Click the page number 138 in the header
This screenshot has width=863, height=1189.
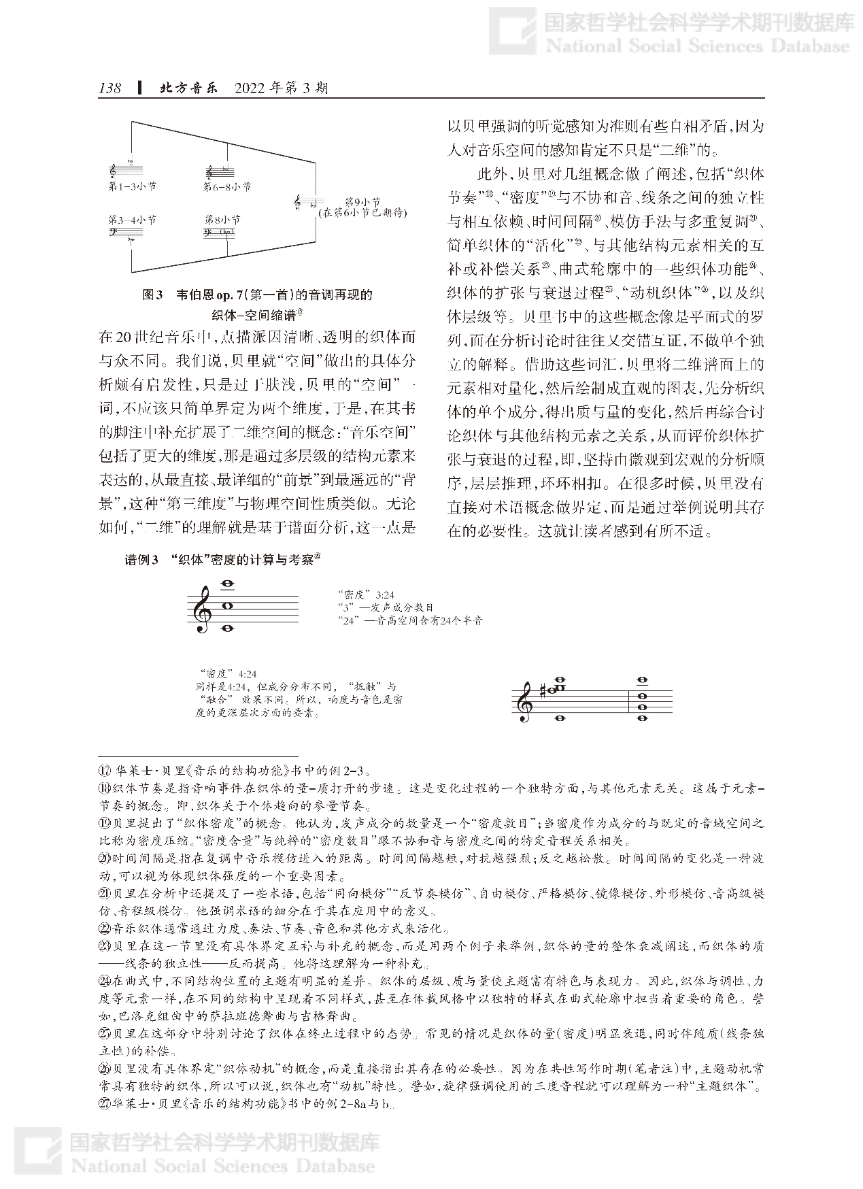click(x=109, y=88)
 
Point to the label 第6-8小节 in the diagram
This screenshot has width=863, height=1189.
click(x=226, y=186)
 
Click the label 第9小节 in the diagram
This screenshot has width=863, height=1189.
click(x=362, y=202)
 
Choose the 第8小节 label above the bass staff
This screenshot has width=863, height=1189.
click(x=222, y=220)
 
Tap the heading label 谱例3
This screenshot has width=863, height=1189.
click(x=141, y=560)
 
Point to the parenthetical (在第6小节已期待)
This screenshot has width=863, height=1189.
click(x=362, y=213)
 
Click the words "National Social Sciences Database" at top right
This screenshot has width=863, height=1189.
click(x=698, y=46)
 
